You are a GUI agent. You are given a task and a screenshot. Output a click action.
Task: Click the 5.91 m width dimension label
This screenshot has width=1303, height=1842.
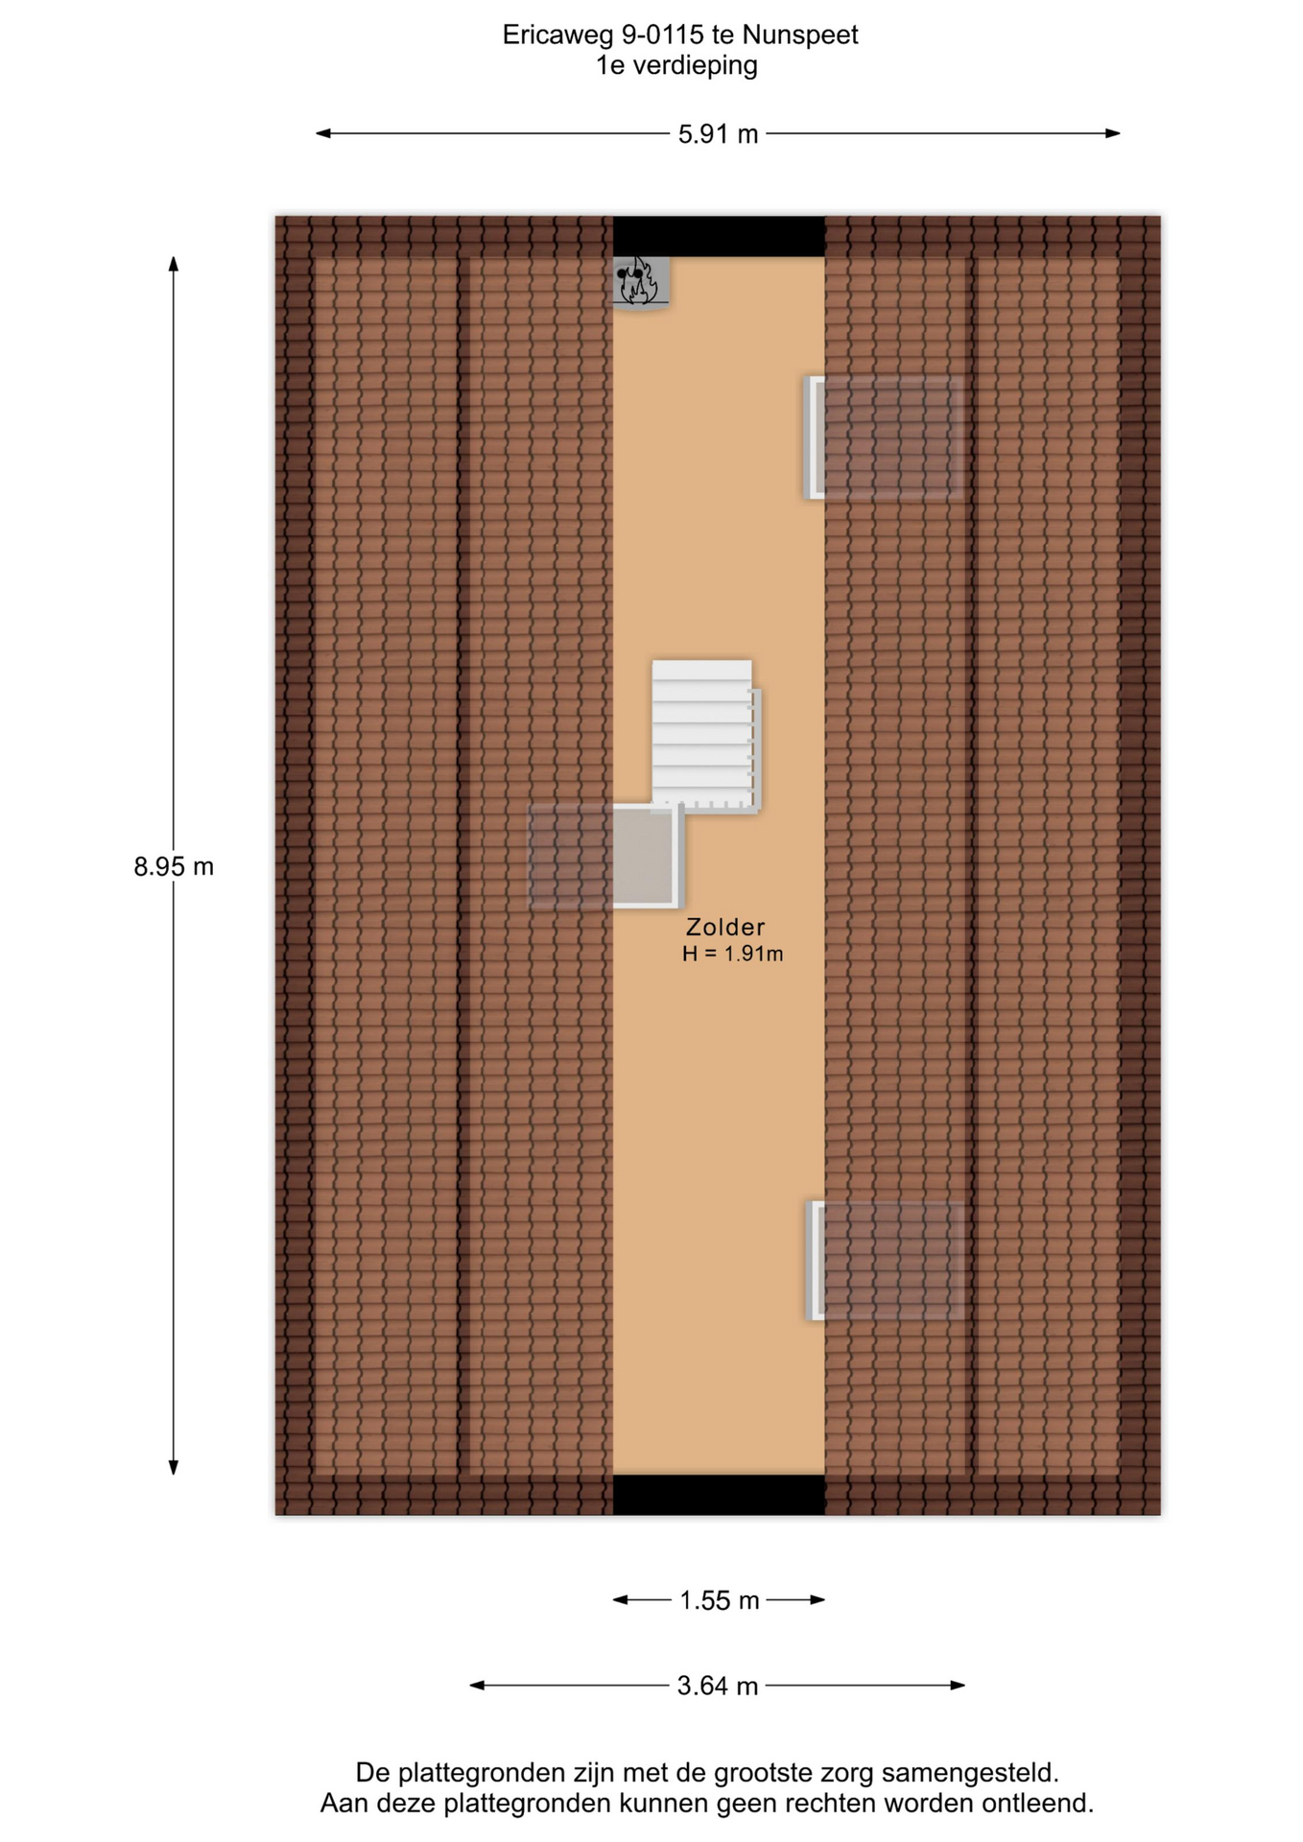point(718,134)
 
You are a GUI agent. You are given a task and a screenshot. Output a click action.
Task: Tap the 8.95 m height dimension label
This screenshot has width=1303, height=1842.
point(174,866)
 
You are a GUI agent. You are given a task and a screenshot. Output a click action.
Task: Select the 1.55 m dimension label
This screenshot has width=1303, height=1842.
point(720,1600)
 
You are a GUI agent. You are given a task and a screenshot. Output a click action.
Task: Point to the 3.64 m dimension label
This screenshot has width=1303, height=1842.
point(718,1686)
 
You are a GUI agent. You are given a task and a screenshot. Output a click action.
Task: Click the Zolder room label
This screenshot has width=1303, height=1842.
point(725,927)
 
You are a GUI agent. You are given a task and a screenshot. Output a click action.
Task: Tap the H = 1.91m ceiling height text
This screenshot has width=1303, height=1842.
point(733,954)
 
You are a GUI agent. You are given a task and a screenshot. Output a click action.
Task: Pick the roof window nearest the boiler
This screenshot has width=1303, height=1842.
point(883,437)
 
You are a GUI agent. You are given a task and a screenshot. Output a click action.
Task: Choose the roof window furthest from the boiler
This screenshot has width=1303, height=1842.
point(884,1260)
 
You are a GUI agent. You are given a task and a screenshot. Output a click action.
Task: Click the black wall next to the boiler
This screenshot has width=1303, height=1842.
point(719,236)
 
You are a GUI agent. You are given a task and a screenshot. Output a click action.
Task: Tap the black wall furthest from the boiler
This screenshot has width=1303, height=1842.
point(719,1495)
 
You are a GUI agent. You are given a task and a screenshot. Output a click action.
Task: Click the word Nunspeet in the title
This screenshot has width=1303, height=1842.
point(800,35)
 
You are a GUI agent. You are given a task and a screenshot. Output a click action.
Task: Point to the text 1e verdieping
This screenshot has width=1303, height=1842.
point(676,65)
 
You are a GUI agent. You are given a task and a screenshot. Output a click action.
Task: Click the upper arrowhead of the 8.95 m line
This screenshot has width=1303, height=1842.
point(174,263)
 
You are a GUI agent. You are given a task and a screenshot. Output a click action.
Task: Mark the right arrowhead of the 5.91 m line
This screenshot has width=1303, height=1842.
point(1113,133)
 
